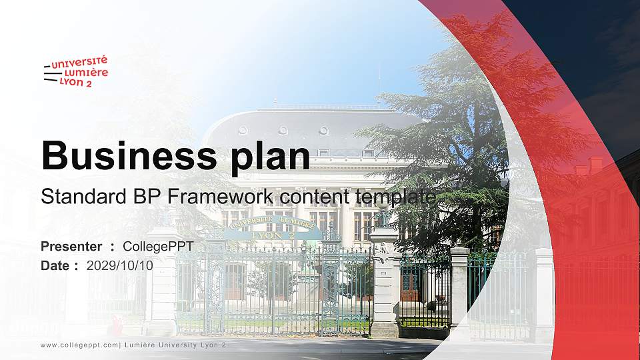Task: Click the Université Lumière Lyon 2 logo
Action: click(75, 71)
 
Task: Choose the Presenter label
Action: click(71, 247)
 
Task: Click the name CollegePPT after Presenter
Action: click(158, 247)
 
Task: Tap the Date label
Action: click(56, 265)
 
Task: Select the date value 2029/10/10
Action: click(120, 265)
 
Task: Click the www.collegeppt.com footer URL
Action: click(79, 345)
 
